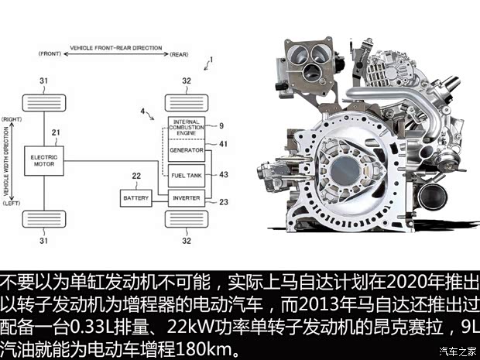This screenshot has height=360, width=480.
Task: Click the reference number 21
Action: (x=56, y=132)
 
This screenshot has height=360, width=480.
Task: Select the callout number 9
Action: (x=221, y=125)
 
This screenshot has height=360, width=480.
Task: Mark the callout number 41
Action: (x=222, y=144)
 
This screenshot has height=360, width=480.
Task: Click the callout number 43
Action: (x=223, y=175)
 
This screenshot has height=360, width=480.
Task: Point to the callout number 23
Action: (x=223, y=202)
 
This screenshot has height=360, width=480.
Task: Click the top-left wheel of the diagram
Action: (x=43, y=101)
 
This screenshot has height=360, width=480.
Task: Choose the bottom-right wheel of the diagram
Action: (x=186, y=221)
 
